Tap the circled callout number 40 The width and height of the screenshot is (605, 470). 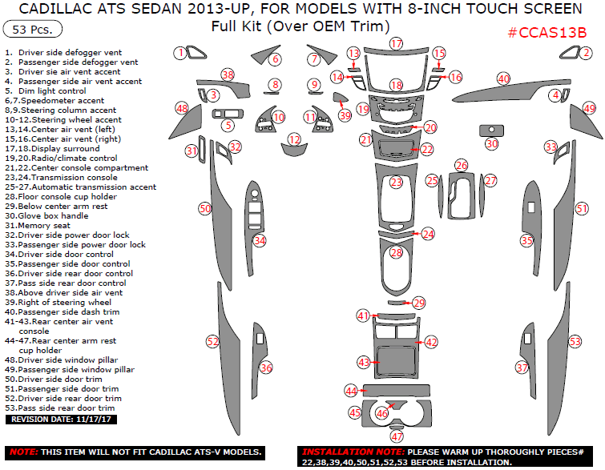pyautogui.click(x=503, y=78)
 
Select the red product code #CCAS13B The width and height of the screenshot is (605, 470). pyautogui.click(x=547, y=33)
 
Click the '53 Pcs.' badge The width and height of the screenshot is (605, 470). pyautogui.click(x=30, y=30)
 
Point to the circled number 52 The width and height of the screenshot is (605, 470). pyautogui.click(x=212, y=341)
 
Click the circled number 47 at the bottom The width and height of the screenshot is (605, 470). pyautogui.click(x=396, y=436)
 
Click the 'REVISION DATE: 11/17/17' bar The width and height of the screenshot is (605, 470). pyautogui.click(x=60, y=419)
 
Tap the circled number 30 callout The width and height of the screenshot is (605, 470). pyautogui.click(x=492, y=143)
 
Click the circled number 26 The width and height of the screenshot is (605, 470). pyautogui.click(x=461, y=165)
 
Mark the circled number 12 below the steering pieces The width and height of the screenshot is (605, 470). pyautogui.click(x=295, y=139)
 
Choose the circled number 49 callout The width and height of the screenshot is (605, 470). pyautogui.click(x=590, y=108)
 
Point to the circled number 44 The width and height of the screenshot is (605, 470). pyautogui.click(x=351, y=390)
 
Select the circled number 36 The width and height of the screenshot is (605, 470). pyautogui.click(x=266, y=368)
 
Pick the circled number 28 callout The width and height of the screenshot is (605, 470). pyautogui.click(x=396, y=252)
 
